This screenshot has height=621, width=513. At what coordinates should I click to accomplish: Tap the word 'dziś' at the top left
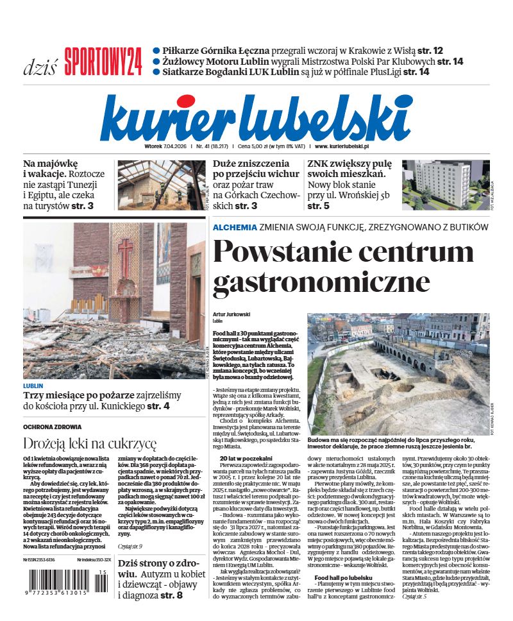coord(40,65)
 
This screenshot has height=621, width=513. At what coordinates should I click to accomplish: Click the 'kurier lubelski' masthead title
coord(256,117)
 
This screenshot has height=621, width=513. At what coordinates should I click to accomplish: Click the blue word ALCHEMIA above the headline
coord(235,228)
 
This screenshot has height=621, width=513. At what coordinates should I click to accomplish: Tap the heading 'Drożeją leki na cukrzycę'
coord(90,443)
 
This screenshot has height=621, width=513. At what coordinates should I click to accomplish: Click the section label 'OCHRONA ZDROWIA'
coord(52,427)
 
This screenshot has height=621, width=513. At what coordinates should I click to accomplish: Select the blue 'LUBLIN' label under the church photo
coord(33,386)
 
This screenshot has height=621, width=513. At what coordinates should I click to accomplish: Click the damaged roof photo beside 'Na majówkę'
coord(160,185)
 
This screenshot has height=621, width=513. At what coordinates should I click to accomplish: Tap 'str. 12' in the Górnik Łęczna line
coord(428,50)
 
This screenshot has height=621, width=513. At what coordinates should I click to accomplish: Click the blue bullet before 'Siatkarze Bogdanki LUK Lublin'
coord(156,72)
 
